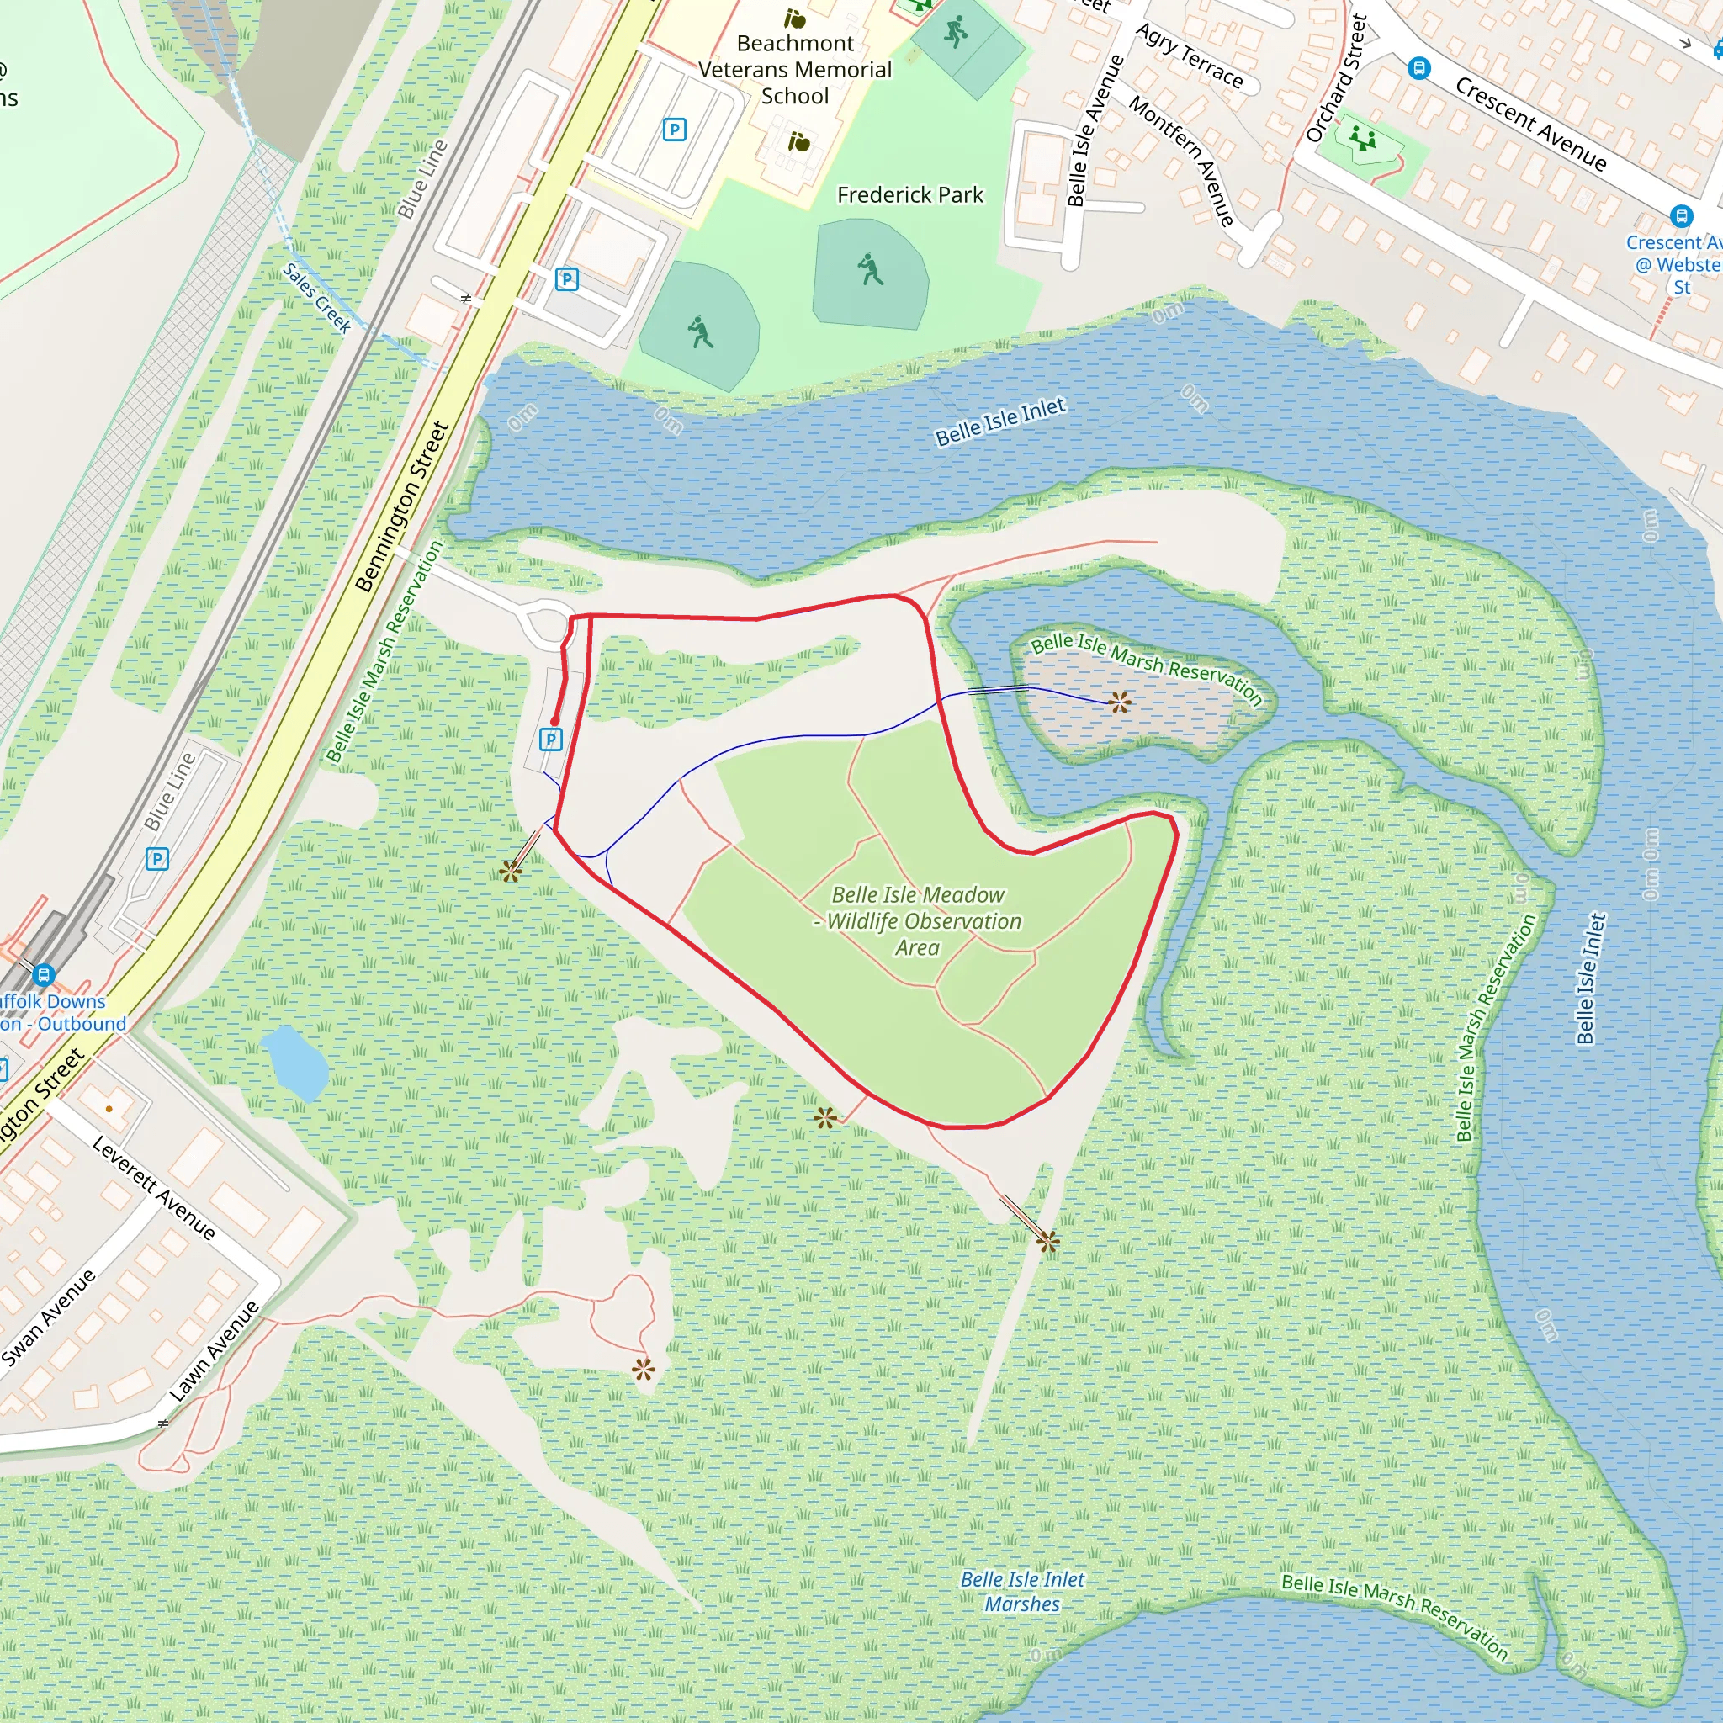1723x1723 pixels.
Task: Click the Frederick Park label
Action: click(x=909, y=194)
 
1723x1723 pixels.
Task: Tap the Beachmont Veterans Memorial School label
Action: click(x=794, y=70)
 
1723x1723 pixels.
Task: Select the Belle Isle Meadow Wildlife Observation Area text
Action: click(x=919, y=920)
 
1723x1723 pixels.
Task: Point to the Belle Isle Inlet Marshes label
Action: click(x=1022, y=1591)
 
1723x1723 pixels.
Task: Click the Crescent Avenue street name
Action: click(x=1530, y=124)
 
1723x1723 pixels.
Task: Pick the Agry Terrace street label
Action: click(x=1189, y=56)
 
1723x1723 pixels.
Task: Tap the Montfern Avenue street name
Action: click(x=1183, y=161)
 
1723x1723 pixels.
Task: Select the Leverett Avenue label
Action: click(x=154, y=1188)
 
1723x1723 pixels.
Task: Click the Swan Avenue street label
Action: click(x=49, y=1317)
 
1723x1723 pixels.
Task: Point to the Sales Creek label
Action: click(x=317, y=298)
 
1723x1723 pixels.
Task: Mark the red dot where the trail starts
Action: click(x=554, y=722)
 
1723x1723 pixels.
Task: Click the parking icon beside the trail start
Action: click(x=551, y=740)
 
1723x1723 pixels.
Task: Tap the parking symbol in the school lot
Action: click(x=674, y=130)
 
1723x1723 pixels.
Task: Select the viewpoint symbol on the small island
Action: click(x=1120, y=702)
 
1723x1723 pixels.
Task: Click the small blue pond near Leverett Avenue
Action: click(x=294, y=1061)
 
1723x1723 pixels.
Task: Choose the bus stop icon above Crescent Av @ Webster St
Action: click(x=1681, y=216)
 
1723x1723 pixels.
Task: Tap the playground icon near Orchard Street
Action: click(x=1363, y=139)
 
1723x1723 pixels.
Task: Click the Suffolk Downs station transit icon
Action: click(x=44, y=975)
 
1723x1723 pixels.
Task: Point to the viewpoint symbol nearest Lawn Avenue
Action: click(x=643, y=1369)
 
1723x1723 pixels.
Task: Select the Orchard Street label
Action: click(x=1336, y=78)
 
